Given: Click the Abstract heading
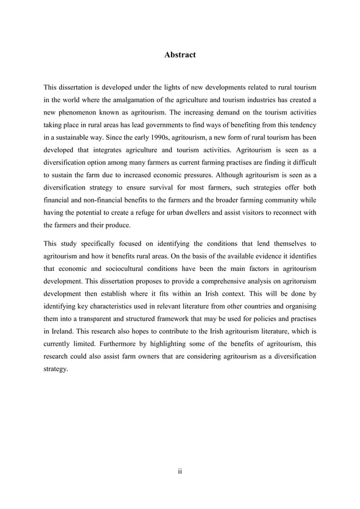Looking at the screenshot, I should coord(179,55).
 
